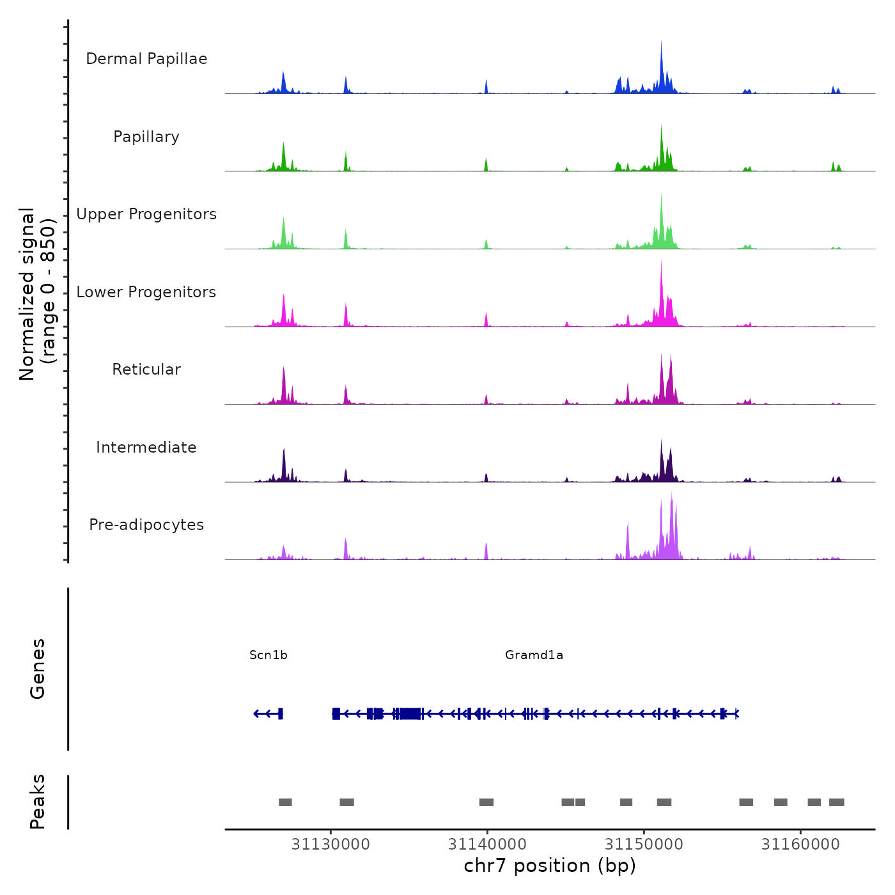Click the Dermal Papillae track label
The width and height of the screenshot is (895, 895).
(x=146, y=59)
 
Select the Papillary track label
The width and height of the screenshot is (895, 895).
(x=146, y=137)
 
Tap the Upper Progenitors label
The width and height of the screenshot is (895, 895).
(x=146, y=214)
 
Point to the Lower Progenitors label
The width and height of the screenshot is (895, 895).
(x=146, y=292)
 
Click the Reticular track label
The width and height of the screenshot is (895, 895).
(x=146, y=370)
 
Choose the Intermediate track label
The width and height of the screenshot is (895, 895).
(x=146, y=447)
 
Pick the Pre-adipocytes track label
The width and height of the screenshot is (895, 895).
(x=146, y=525)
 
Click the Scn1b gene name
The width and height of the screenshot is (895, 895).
(x=268, y=655)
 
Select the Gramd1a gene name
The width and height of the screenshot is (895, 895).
(x=534, y=655)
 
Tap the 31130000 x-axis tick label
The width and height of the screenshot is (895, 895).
(x=331, y=844)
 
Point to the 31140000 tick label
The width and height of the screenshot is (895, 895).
(x=487, y=844)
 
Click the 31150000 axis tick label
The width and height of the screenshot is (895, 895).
(x=644, y=844)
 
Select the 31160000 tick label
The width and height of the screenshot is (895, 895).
(x=800, y=844)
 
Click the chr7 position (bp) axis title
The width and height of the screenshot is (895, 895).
(x=550, y=866)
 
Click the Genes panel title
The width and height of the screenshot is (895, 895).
(x=38, y=669)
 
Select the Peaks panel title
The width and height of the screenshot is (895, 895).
(x=38, y=802)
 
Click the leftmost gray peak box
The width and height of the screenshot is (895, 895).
(x=285, y=802)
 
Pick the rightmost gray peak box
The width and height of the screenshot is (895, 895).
(x=836, y=802)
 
